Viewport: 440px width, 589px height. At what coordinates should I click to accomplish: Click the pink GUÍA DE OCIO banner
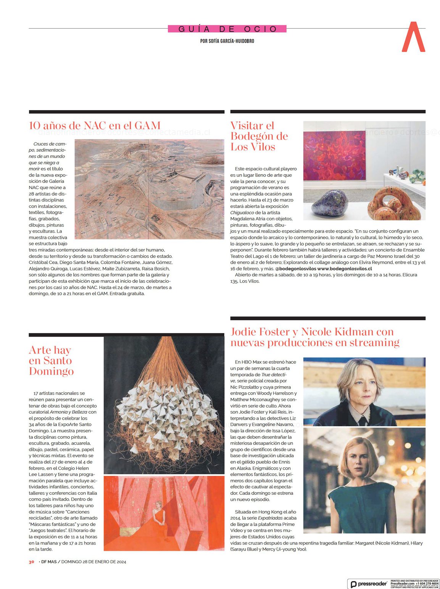(227, 29)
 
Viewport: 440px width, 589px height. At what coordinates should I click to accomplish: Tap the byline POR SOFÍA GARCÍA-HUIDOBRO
(227, 41)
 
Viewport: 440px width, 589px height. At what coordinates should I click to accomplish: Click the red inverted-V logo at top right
(413, 37)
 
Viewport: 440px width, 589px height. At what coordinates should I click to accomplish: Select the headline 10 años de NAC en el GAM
(95, 125)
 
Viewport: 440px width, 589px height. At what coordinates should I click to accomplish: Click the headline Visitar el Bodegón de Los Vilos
(259, 136)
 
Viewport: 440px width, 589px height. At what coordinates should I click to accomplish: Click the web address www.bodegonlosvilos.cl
(344, 268)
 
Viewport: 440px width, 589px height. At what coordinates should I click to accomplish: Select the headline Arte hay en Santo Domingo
(51, 360)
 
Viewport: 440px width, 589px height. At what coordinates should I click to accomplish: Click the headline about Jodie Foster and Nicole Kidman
(315, 337)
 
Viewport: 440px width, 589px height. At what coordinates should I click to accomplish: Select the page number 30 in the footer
(32, 562)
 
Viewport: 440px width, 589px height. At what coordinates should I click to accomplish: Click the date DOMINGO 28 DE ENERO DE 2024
(93, 562)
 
